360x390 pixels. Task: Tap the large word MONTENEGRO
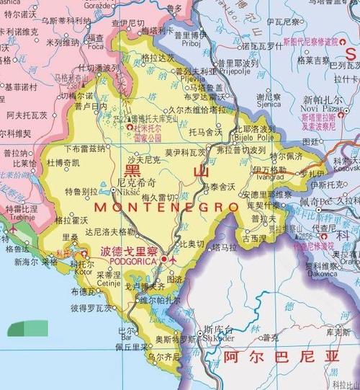pos(166,207)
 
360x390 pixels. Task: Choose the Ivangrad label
pos(270,177)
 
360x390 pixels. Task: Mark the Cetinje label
pos(108,283)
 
